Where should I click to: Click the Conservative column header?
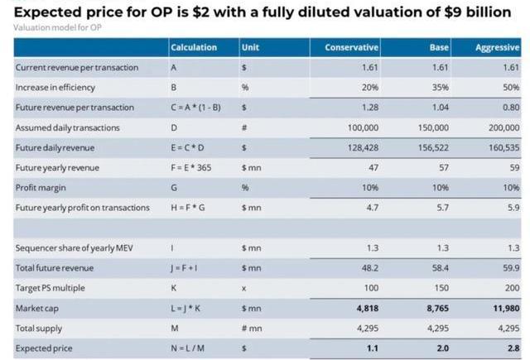pyautogui.click(x=351, y=47)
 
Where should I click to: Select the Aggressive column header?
pyautogui.click(x=497, y=47)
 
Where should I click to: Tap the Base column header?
pyautogui.click(x=439, y=47)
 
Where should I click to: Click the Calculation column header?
pyautogui.click(x=193, y=47)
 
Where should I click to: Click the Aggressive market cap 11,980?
pyautogui.click(x=503, y=308)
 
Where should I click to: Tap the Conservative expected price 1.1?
pyautogui.click(x=372, y=348)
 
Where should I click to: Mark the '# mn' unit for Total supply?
pyautogui.click(x=251, y=329)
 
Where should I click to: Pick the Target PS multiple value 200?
pyautogui.click(x=511, y=288)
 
